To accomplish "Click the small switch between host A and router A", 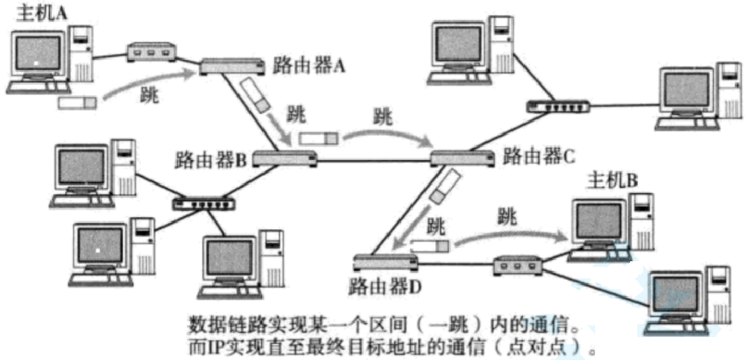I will [151, 52].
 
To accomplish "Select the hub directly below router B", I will [204, 203].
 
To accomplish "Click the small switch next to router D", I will [519, 268].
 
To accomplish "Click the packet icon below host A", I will [77, 103].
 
